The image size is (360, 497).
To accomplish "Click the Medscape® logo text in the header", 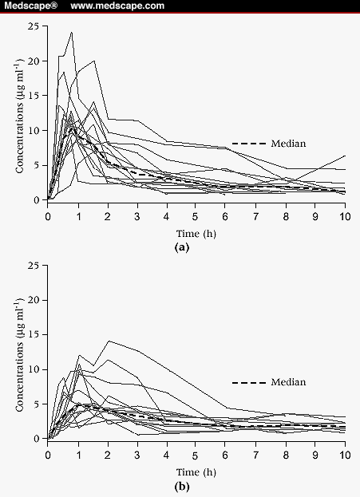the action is point(31,6).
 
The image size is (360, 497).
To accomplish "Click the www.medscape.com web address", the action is point(117,6).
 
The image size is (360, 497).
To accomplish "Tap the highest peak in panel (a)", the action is point(72,32).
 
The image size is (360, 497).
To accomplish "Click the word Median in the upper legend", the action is point(288,144).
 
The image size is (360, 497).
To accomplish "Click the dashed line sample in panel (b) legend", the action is point(249,383).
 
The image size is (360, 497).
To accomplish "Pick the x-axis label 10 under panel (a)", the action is point(345,216).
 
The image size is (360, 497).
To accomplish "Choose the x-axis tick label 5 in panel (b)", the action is point(195,456).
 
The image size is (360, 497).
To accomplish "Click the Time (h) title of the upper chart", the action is point(196,234).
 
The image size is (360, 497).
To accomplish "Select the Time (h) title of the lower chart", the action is point(196,472).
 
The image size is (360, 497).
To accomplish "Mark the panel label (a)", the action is point(182,247).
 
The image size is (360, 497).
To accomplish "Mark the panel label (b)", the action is point(182,486).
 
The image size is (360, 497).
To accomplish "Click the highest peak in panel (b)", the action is point(109,341).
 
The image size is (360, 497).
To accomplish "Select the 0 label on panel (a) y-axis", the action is point(36,200).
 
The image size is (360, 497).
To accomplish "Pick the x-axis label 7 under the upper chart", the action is point(255,216).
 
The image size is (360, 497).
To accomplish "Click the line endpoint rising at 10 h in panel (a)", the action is point(345,156).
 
